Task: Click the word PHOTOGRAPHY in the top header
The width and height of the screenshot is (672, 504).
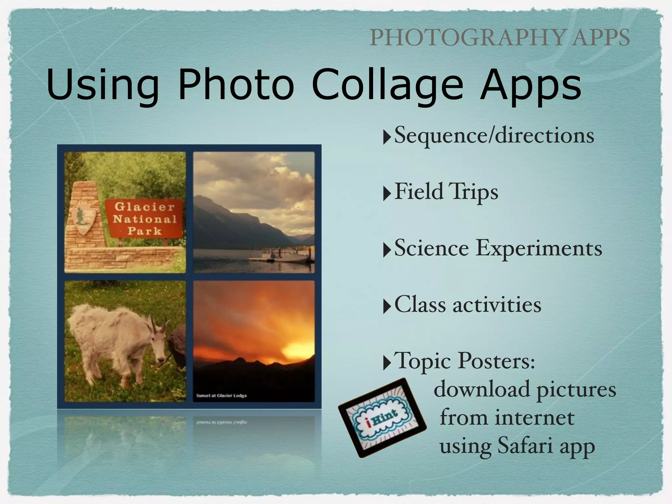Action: (468, 38)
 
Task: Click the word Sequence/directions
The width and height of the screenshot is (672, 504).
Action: (494, 135)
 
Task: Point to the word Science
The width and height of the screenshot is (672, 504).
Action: (431, 248)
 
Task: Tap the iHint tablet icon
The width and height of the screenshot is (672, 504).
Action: (382, 418)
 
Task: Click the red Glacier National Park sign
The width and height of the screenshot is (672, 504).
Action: (144, 218)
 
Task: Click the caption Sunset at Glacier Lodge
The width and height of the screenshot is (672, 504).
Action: (221, 396)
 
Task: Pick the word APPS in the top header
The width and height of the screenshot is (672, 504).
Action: (601, 38)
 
